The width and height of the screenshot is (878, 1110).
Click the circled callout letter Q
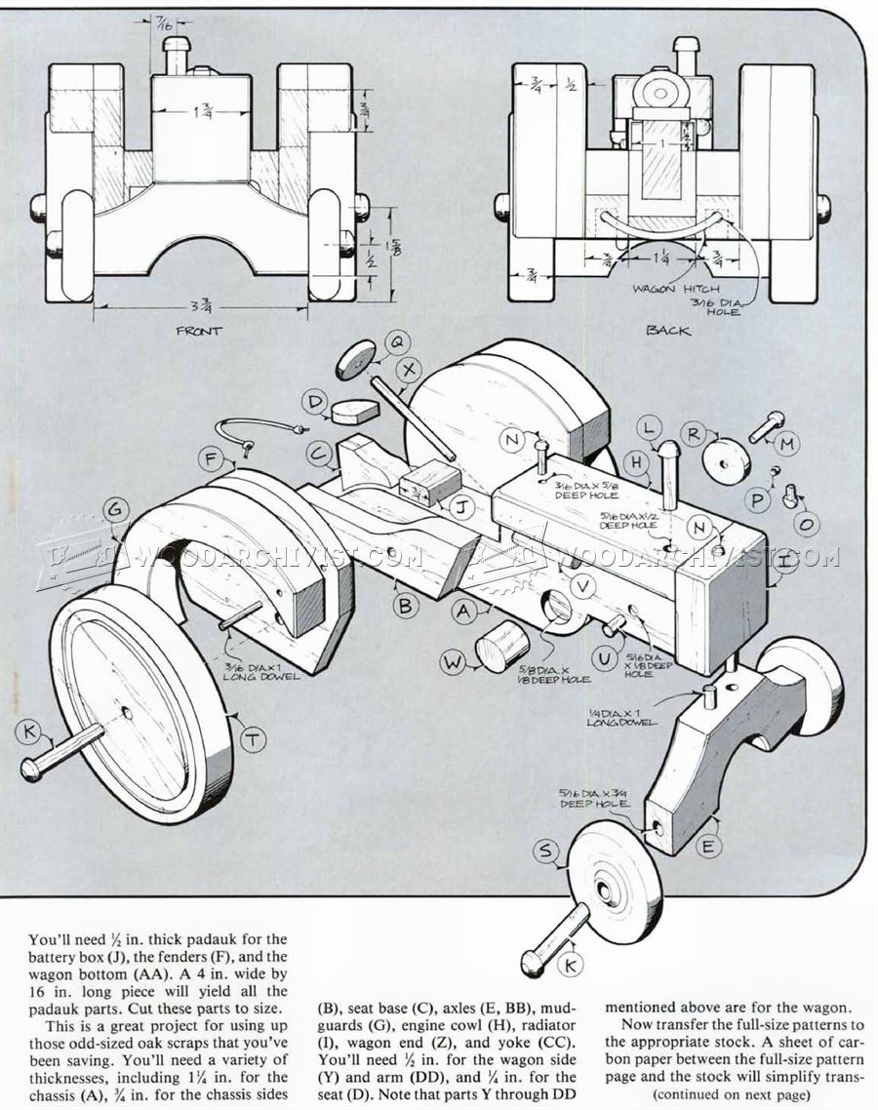point(398,341)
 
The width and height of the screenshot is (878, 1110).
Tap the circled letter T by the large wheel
point(253,741)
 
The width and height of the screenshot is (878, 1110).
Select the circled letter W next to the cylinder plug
point(453,663)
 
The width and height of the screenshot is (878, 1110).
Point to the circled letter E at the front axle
point(708,847)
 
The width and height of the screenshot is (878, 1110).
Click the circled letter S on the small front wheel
point(546,852)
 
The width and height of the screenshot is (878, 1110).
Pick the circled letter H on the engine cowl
point(637,462)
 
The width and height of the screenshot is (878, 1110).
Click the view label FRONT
point(199,331)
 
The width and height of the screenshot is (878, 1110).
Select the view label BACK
point(668,331)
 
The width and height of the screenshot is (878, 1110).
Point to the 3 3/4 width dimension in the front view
point(202,302)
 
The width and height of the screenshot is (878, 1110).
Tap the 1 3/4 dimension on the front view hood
point(203,113)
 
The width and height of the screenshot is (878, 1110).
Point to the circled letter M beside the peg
point(786,445)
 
